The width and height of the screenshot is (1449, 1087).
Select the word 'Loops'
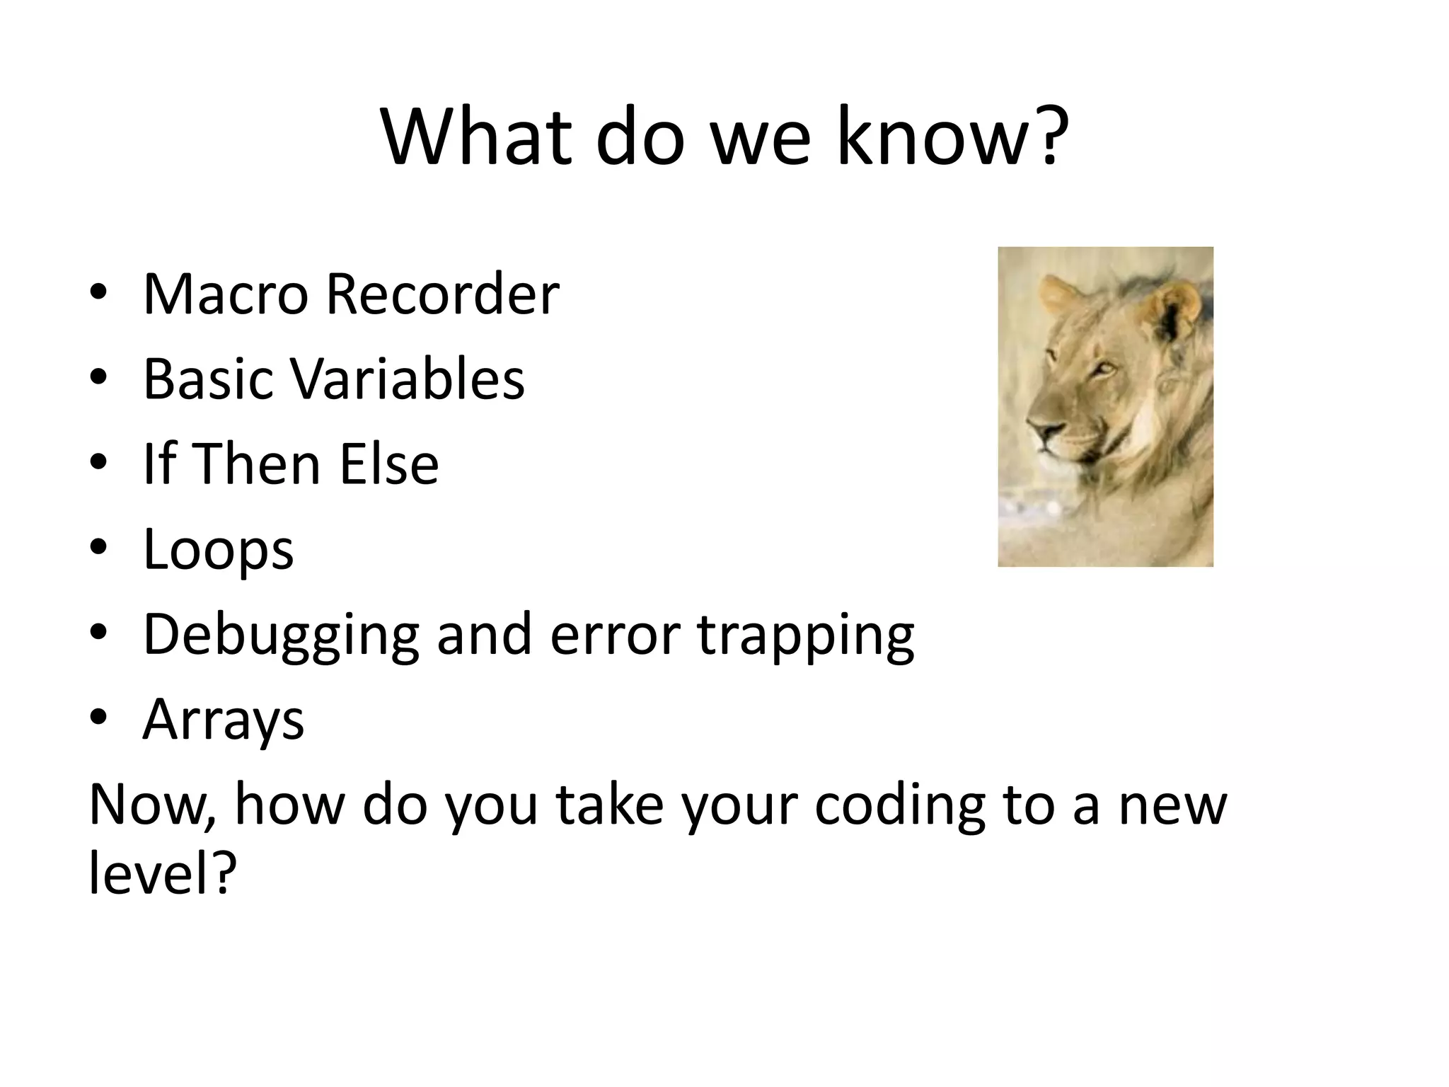tap(218, 550)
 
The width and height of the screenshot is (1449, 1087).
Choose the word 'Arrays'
tap(223, 720)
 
